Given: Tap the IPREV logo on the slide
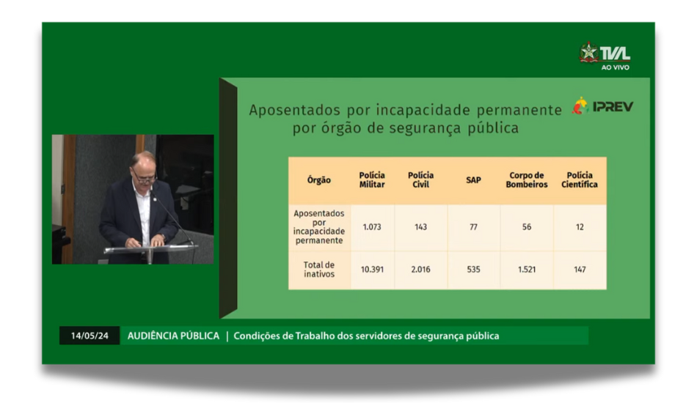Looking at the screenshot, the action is click(x=602, y=106).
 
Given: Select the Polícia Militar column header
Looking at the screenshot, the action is click(x=372, y=180).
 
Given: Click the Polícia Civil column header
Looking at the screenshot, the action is click(x=420, y=180).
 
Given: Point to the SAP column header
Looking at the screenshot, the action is click(x=473, y=180).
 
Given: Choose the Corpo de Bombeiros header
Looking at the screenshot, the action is click(x=526, y=180).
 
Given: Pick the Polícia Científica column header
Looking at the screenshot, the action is click(x=579, y=180).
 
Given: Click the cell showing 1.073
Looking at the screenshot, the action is click(x=372, y=227).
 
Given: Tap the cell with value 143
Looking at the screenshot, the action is click(x=420, y=227).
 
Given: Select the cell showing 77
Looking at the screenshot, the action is click(x=473, y=227).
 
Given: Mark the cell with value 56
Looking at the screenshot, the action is click(x=527, y=227).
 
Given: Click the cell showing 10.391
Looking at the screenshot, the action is click(x=372, y=270).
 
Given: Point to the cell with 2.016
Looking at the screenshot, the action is click(x=420, y=270).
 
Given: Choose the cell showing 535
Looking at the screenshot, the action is click(x=473, y=270).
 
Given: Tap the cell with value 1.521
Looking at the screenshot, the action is click(x=527, y=270).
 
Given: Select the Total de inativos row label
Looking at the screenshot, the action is click(x=319, y=270).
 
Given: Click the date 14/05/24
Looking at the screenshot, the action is click(x=90, y=336).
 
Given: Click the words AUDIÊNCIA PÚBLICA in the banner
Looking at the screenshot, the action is click(x=173, y=336).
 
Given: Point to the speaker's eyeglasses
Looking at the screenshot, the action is click(x=144, y=178).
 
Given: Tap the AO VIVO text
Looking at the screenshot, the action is click(x=616, y=67).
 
